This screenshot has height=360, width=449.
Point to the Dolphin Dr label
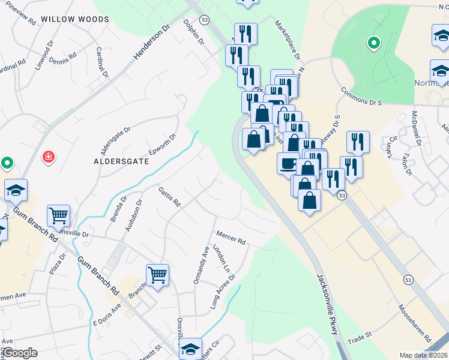click(x=194, y=34)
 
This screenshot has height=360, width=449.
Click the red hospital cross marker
click(x=49, y=157)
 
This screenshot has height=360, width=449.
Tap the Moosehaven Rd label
click(x=415, y=325)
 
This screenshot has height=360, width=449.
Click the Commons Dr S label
click(x=361, y=97)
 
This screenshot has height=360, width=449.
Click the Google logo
click(x=20, y=353)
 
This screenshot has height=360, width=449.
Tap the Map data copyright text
click(x=423, y=355)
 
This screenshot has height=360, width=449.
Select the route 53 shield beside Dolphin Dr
click(x=205, y=20)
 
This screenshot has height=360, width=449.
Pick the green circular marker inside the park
click(x=373, y=43)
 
